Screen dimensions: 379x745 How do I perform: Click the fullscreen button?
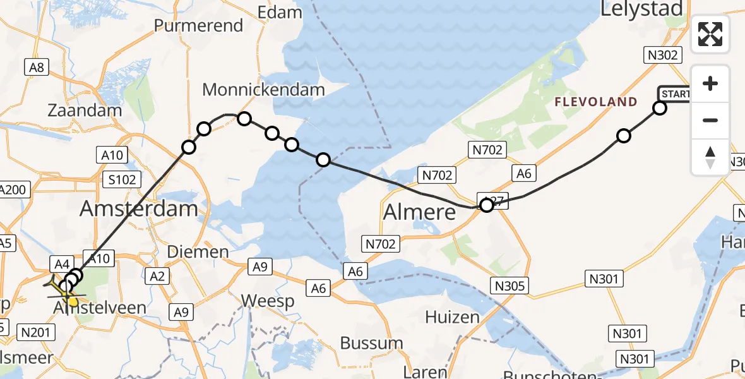coord(710,34)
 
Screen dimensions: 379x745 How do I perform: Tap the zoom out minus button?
coord(710,120)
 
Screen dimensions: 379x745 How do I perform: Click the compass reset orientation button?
coord(710,157)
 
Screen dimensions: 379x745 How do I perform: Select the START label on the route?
coord(674,94)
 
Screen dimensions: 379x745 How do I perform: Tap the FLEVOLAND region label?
coord(596,102)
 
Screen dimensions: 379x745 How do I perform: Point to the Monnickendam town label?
coord(263,90)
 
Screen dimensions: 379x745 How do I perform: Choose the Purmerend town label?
coord(199,26)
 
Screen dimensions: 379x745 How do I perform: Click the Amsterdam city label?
coord(140,208)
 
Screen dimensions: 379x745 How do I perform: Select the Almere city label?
coord(420,212)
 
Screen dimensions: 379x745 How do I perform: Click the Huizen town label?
coord(451,316)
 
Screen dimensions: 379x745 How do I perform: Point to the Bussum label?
coord(371,343)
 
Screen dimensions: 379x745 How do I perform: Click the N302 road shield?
coord(662,55)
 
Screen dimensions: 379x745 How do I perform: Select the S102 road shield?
coord(122,179)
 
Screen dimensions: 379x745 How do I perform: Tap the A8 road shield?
coord(37,68)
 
